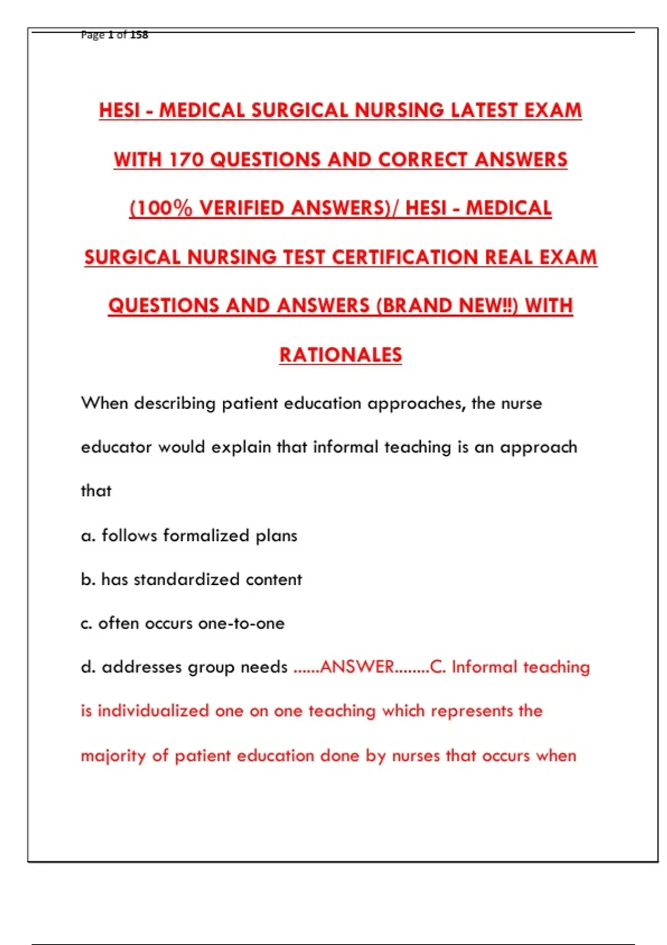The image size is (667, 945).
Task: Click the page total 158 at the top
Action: pos(139,34)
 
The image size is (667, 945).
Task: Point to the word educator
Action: pos(116,447)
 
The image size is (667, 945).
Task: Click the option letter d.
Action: pos(87,667)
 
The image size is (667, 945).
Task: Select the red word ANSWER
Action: pos(357,667)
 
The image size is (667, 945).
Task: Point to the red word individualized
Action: pos(153,711)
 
